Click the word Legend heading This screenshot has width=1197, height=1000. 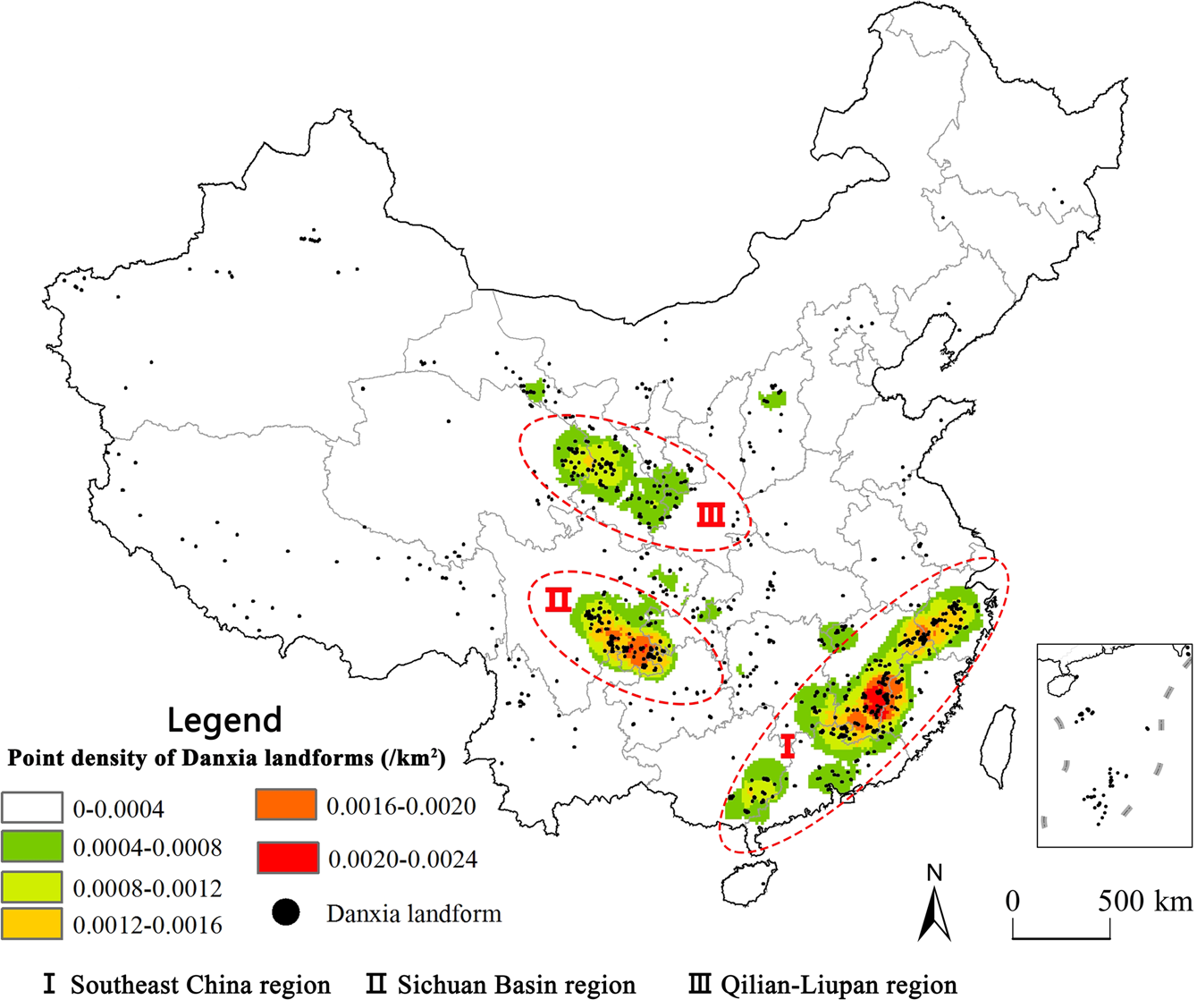(224, 719)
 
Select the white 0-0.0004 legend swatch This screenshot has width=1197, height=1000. (31, 808)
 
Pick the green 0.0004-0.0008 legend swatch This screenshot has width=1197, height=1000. (31, 846)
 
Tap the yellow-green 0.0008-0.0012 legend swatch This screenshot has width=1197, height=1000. (31, 886)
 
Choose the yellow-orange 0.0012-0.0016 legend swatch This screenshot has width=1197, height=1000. (31, 923)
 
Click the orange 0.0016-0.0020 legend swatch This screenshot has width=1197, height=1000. (286, 805)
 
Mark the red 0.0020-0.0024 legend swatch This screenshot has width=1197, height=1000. (286, 858)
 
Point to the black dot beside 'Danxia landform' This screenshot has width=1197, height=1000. (285, 913)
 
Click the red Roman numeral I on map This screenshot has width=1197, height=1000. (787, 746)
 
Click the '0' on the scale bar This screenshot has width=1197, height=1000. (1012, 900)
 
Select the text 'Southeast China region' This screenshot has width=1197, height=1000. (200, 985)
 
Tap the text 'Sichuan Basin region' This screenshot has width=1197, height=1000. (516, 985)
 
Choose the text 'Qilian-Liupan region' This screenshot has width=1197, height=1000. (838, 985)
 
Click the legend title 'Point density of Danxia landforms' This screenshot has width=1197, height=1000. (226, 758)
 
